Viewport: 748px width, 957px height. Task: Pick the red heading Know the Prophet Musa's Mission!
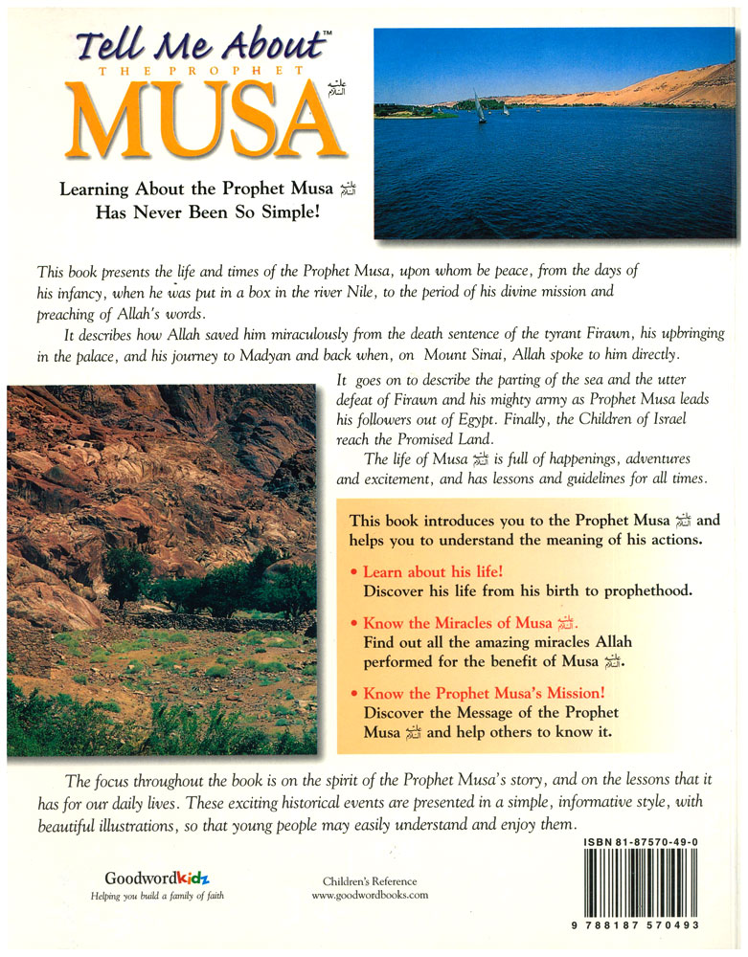tap(485, 693)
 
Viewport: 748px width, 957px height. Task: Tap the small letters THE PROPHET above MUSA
tap(196, 71)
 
